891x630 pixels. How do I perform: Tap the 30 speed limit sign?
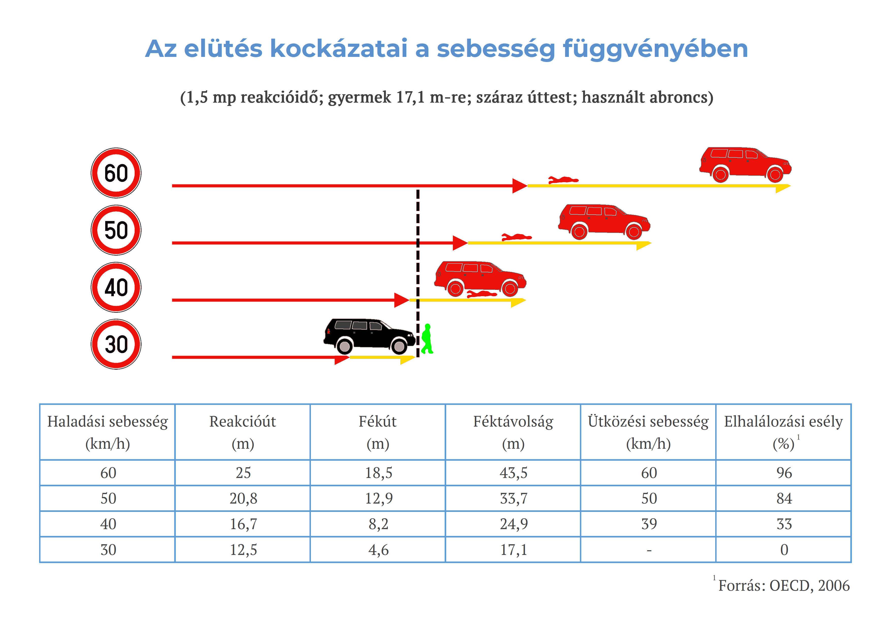(x=116, y=344)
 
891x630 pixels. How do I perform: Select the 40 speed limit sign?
(x=116, y=287)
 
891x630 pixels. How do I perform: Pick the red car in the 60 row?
(x=745, y=164)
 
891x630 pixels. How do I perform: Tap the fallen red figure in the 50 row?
(x=516, y=237)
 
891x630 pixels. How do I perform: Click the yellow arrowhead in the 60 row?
(x=783, y=188)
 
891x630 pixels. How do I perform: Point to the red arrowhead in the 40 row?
(x=402, y=300)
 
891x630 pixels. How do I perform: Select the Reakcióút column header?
(x=243, y=432)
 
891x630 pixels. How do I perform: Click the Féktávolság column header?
(x=513, y=432)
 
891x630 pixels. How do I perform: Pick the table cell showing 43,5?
(x=513, y=473)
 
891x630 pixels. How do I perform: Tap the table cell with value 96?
(x=784, y=473)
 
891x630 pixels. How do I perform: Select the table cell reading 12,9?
(x=378, y=498)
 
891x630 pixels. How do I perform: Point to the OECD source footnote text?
(x=784, y=585)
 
